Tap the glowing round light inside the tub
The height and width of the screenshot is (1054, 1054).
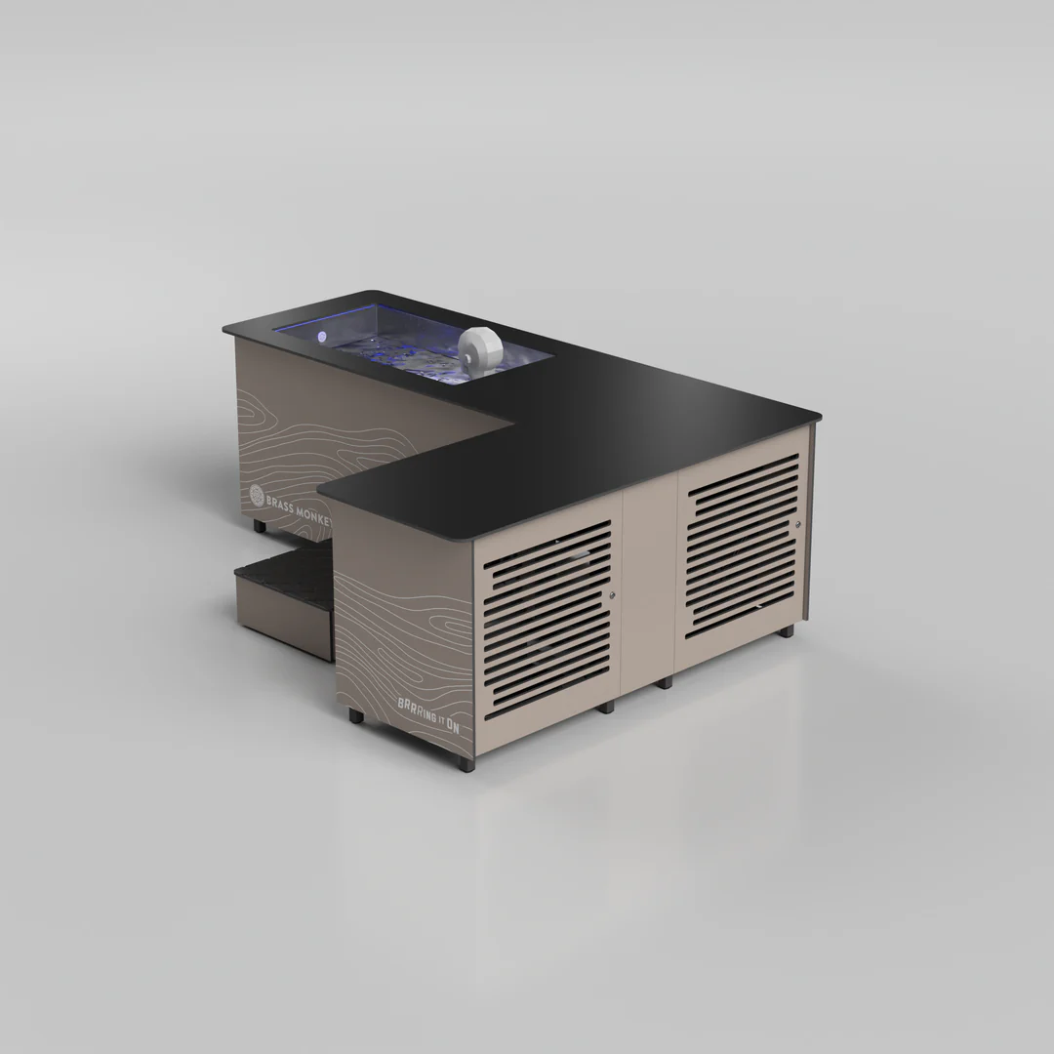click(x=322, y=337)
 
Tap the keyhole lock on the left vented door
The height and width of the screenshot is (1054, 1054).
click(x=612, y=595)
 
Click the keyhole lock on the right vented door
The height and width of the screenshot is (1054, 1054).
click(x=797, y=525)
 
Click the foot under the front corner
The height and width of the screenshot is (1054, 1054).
click(x=466, y=761)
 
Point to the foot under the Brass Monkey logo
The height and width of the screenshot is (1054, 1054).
click(x=260, y=525)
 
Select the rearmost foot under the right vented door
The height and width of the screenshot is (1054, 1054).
click(x=786, y=632)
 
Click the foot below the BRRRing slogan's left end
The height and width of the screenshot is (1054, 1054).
click(x=355, y=716)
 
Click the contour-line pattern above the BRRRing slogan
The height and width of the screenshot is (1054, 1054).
click(x=400, y=625)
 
